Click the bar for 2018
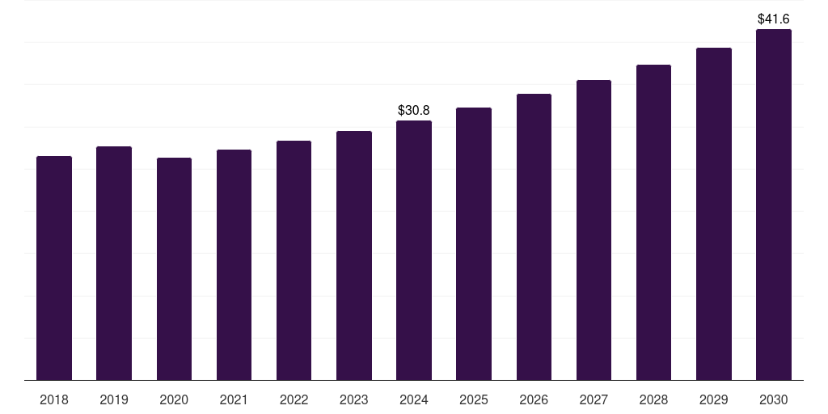(x=54, y=268)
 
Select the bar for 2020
(x=174, y=268)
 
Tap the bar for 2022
(x=294, y=260)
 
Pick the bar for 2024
(x=414, y=250)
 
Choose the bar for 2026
(x=534, y=237)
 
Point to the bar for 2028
(x=653, y=222)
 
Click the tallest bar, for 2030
(x=773, y=205)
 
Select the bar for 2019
(x=114, y=263)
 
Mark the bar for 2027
(x=594, y=230)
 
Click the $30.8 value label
(x=414, y=110)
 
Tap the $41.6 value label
(x=773, y=19)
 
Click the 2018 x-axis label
(x=54, y=399)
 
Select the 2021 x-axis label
(x=234, y=399)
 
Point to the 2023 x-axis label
(x=353, y=399)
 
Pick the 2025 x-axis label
(x=474, y=399)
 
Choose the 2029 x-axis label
(x=713, y=399)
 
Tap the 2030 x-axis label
(x=773, y=399)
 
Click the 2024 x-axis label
(x=414, y=399)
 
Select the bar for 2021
(x=234, y=264)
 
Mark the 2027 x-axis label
(x=594, y=399)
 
